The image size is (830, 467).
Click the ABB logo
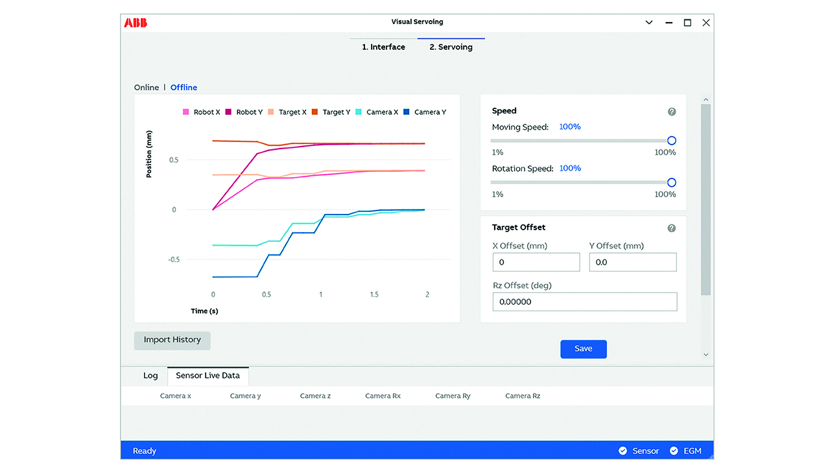(x=136, y=23)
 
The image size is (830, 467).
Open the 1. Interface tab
(x=383, y=47)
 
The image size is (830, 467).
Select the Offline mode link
(x=184, y=88)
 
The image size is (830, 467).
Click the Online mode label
(x=147, y=88)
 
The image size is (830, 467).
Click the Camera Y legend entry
(x=425, y=112)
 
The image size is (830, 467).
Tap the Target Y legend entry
(x=331, y=112)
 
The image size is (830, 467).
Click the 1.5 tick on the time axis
(x=374, y=294)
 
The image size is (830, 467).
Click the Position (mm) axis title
(x=149, y=154)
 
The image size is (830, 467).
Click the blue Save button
(x=584, y=349)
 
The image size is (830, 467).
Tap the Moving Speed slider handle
(x=672, y=141)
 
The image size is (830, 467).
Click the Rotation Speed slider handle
(x=672, y=182)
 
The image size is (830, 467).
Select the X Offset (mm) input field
(x=536, y=263)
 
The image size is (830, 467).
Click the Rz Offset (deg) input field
(x=584, y=302)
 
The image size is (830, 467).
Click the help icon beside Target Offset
(x=672, y=228)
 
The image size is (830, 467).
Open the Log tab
(x=150, y=376)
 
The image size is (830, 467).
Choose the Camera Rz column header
(x=523, y=396)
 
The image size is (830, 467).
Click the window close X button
(x=706, y=23)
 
